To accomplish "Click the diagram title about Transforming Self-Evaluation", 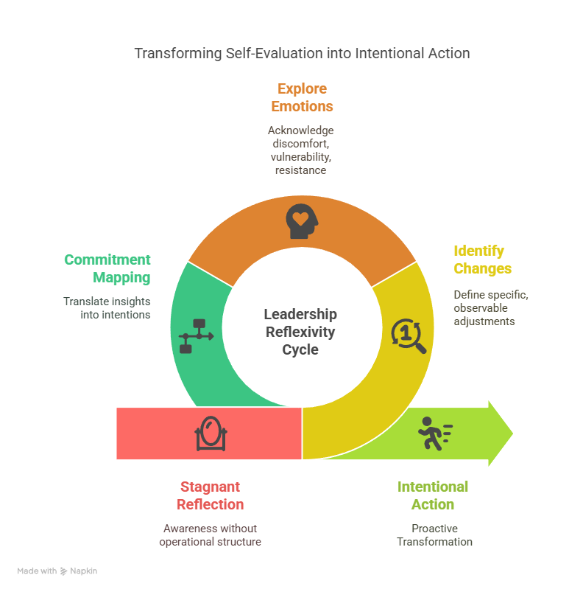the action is tap(303, 54).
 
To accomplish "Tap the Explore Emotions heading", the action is tap(302, 97).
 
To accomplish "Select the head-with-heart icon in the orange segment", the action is tap(302, 221).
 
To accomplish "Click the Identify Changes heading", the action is tap(482, 260).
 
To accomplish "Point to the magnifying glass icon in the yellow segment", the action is tap(409, 336).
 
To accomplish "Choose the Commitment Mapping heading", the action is tap(107, 268).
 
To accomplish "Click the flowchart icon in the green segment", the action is tap(197, 336).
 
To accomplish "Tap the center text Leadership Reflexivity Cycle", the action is tap(300, 332).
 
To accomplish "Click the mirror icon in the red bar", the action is tap(211, 433).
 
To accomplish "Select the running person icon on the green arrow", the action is tap(435, 433).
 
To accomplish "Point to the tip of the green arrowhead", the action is tap(513, 433).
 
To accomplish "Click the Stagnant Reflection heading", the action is tap(211, 495).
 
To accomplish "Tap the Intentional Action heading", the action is tap(433, 495).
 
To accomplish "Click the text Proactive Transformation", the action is tap(434, 535).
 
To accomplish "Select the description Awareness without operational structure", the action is tap(211, 535).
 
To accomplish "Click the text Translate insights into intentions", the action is tap(107, 308).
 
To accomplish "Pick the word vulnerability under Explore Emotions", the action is tap(301, 157).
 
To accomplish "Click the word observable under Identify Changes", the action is tap(481, 308).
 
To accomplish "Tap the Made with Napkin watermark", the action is tap(57, 571).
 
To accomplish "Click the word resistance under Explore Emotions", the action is tap(301, 170).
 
